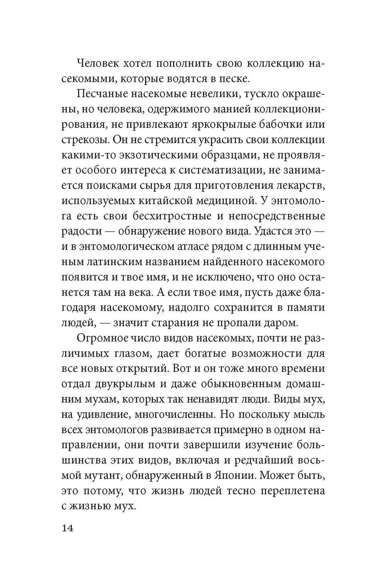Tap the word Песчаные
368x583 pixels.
(x=99, y=94)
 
